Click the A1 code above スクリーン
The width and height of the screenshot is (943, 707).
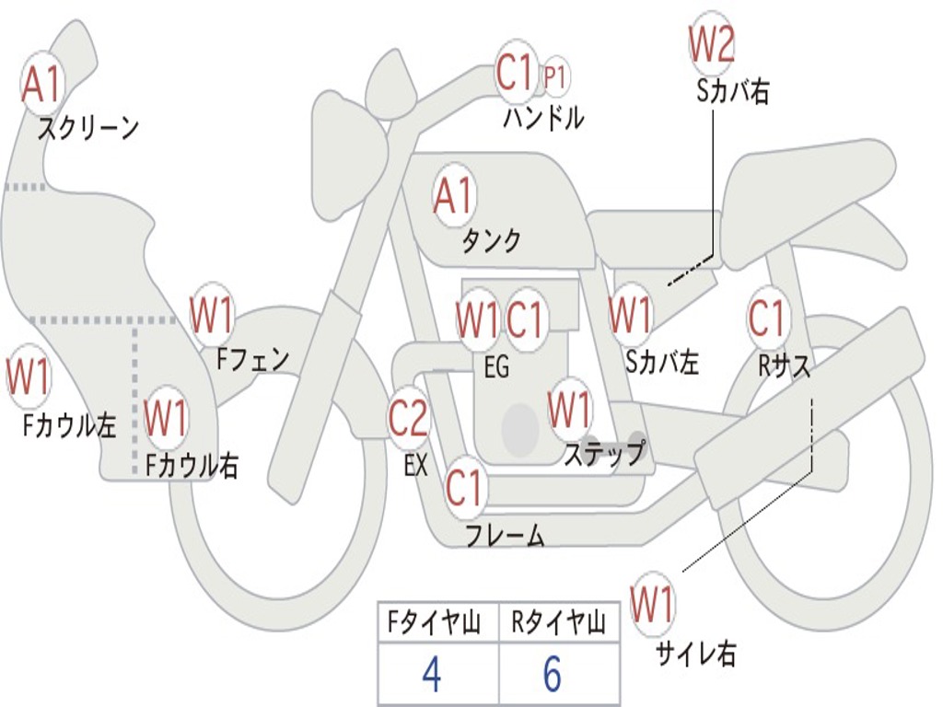(42, 84)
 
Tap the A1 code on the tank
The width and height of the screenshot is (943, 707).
(454, 196)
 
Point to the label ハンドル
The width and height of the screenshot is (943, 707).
(543, 119)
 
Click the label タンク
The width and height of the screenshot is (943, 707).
(491, 241)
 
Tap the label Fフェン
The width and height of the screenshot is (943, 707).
(253, 358)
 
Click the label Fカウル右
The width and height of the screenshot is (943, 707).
(192, 466)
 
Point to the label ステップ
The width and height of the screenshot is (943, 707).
(604, 454)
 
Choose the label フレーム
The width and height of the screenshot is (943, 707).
(505, 535)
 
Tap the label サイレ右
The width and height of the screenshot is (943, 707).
(695, 654)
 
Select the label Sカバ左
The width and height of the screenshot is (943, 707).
(662, 363)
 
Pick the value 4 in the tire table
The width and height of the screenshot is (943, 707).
(430, 676)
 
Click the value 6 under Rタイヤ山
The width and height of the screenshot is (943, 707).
(551, 676)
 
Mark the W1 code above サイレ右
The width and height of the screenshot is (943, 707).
(653, 606)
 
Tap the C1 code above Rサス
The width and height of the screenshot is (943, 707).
(766, 319)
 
